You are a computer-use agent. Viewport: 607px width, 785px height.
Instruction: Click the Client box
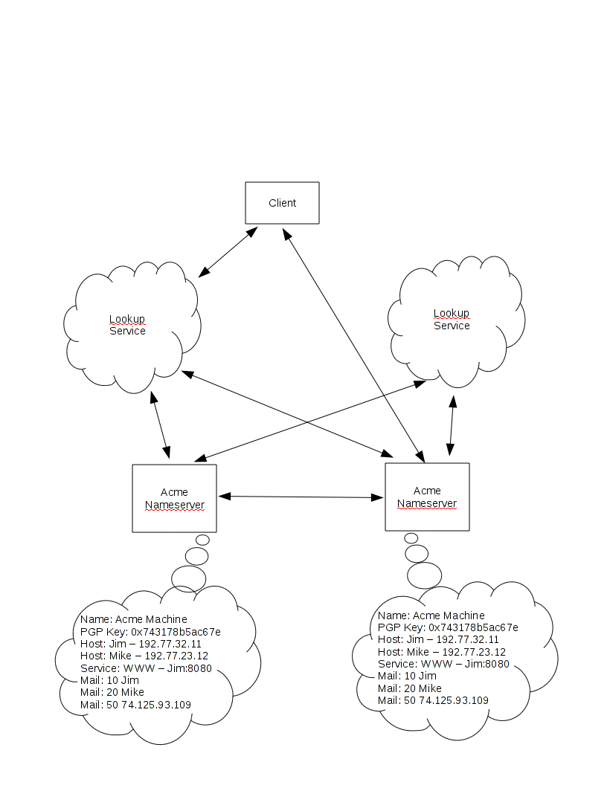tap(282, 203)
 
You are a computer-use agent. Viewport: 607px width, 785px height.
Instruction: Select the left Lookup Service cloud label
tap(127, 325)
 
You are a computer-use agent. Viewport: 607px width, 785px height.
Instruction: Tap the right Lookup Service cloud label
tap(452, 320)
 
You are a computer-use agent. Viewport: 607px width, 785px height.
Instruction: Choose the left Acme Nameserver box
tap(174, 498)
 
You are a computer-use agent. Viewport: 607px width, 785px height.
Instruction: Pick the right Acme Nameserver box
tap(427, 497)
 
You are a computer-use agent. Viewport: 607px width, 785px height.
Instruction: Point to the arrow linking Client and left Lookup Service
tap(228, 253)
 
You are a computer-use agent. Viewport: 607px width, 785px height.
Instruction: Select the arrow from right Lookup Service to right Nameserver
tap(451, 425)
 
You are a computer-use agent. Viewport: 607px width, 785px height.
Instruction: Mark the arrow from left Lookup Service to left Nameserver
tap(161, 425)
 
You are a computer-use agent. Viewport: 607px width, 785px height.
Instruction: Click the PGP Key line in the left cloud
tap(150, 632)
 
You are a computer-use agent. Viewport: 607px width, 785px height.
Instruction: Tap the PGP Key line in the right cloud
tap(448, 627)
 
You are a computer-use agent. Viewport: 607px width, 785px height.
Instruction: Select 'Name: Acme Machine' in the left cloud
tap(134, 619)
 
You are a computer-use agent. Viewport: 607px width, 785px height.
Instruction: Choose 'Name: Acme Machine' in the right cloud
tap(431, 616)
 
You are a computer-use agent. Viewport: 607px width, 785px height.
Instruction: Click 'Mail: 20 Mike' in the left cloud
tap(112, 692)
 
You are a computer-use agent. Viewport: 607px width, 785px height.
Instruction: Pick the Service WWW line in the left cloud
tap(146, 668)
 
